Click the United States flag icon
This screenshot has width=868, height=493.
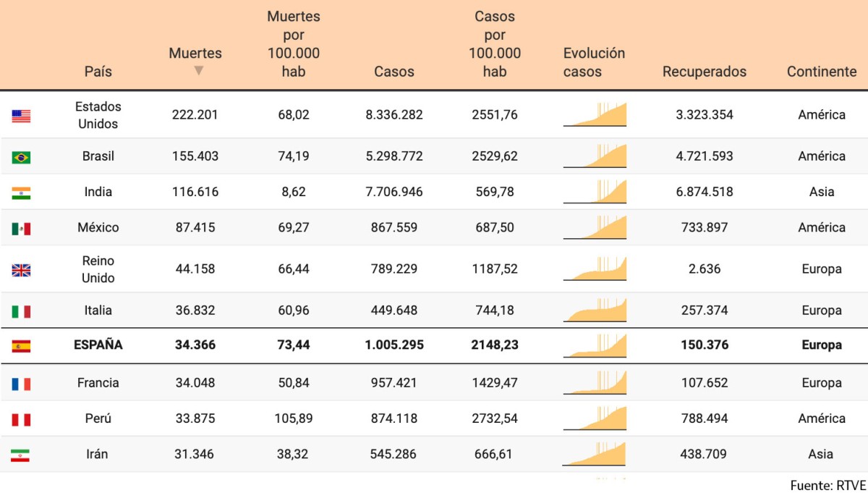click(21, 116)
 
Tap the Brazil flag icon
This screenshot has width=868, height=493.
click(21, 157)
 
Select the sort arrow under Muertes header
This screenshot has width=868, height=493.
click(199, 70)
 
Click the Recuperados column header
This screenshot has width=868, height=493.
click(704, 72)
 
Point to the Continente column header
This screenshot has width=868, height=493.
click(821, 72)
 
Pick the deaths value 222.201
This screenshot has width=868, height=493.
click(195, 114)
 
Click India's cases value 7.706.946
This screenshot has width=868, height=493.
click(394, 192)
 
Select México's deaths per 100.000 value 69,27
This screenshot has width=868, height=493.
click(293, 227)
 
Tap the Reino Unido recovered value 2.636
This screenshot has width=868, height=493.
click(704, 269)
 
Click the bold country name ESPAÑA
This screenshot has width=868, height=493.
click(98, 345)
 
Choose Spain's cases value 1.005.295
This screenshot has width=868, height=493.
click(394, 345)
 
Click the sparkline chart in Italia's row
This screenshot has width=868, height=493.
click(595, 310)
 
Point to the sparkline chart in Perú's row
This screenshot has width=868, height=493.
click(595, 418)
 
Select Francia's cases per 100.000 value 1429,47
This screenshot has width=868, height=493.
click(494, 382)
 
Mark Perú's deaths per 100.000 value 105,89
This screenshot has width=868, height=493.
click(293, 418)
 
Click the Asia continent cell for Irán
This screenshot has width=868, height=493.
click(821, 454)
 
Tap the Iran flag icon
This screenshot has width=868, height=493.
click(21, 455)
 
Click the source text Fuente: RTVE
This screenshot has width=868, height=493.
click(827, 484)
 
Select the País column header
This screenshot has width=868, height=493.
click(98, 72)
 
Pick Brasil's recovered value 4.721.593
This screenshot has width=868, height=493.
click(704, 156)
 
